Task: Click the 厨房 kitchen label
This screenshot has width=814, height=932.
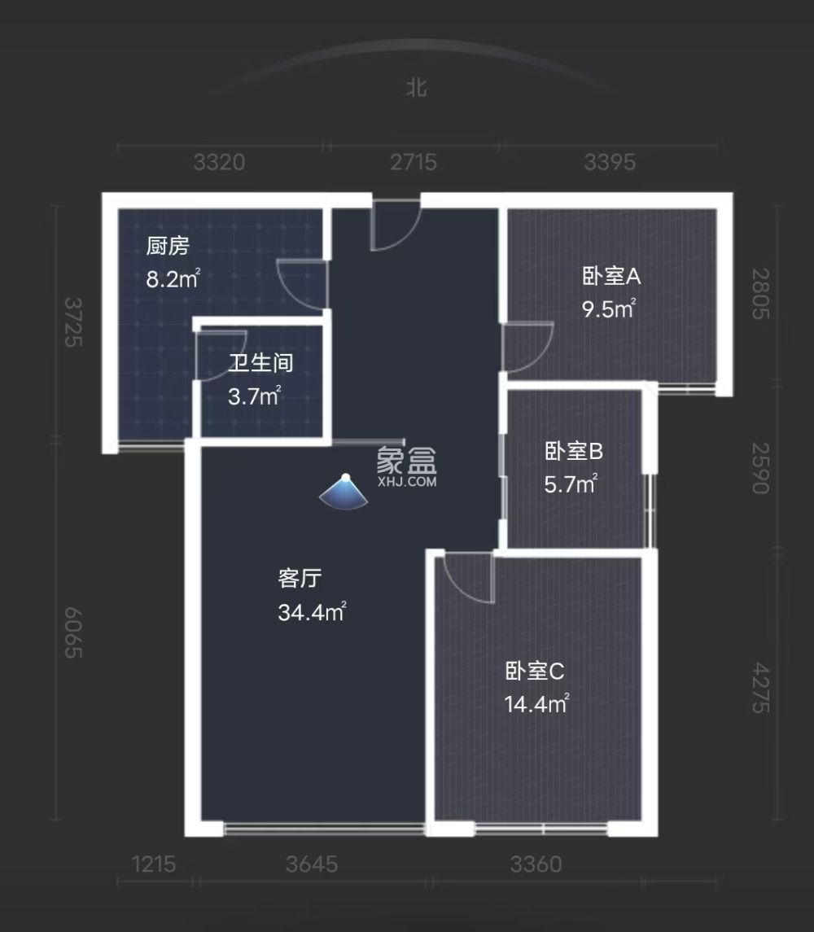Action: (168, 246)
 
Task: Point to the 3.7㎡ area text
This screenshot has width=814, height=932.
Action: (254, 396)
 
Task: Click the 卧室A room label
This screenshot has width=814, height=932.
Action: (610, 277)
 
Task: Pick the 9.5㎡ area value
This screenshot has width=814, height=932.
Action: (609, 309)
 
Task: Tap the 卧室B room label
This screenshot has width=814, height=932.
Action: (573, 450)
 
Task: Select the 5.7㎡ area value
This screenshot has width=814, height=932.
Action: (571, 485)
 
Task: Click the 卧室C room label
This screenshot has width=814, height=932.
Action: (535, 672)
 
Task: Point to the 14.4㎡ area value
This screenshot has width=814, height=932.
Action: (536, 704)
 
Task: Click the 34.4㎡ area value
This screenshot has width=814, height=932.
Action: (312, 612)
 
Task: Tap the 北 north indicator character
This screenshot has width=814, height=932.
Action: (417, 88)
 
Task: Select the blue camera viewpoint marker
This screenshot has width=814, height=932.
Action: (345, 491)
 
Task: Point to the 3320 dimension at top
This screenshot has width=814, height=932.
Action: (220, 163)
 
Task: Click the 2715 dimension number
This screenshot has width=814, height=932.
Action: (413, 163)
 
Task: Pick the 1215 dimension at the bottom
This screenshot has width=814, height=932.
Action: (153, 864)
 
